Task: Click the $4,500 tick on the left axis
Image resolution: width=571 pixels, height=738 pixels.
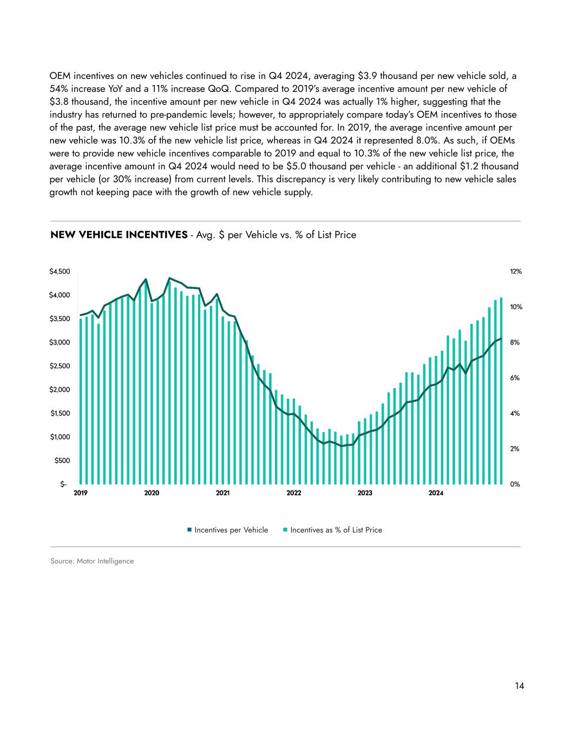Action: [x=60, y=271]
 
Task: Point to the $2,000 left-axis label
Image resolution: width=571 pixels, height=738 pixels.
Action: [x=60, y=390]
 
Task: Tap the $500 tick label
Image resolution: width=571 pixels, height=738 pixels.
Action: [x=62, y=461]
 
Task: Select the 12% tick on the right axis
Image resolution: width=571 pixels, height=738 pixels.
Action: [x=516, y=271]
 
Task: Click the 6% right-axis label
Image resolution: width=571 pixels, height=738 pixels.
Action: [x=515, y=378]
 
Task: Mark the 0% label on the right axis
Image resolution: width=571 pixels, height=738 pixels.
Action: [x=515, y=484]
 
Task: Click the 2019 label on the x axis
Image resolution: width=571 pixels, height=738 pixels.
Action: [x=80, y=493]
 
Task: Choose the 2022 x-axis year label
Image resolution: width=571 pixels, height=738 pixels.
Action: [x=293, y=493]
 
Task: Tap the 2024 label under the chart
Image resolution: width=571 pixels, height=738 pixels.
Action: [x=436, y=493]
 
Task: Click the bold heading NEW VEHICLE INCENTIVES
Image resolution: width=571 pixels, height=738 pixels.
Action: [x=119, y=235]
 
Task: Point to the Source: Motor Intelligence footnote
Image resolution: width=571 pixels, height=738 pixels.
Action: [x=91, y=561]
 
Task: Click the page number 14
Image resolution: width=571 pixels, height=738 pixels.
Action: [x=519, y=686]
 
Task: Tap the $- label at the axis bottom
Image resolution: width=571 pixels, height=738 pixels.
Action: [x=64, y=484]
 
